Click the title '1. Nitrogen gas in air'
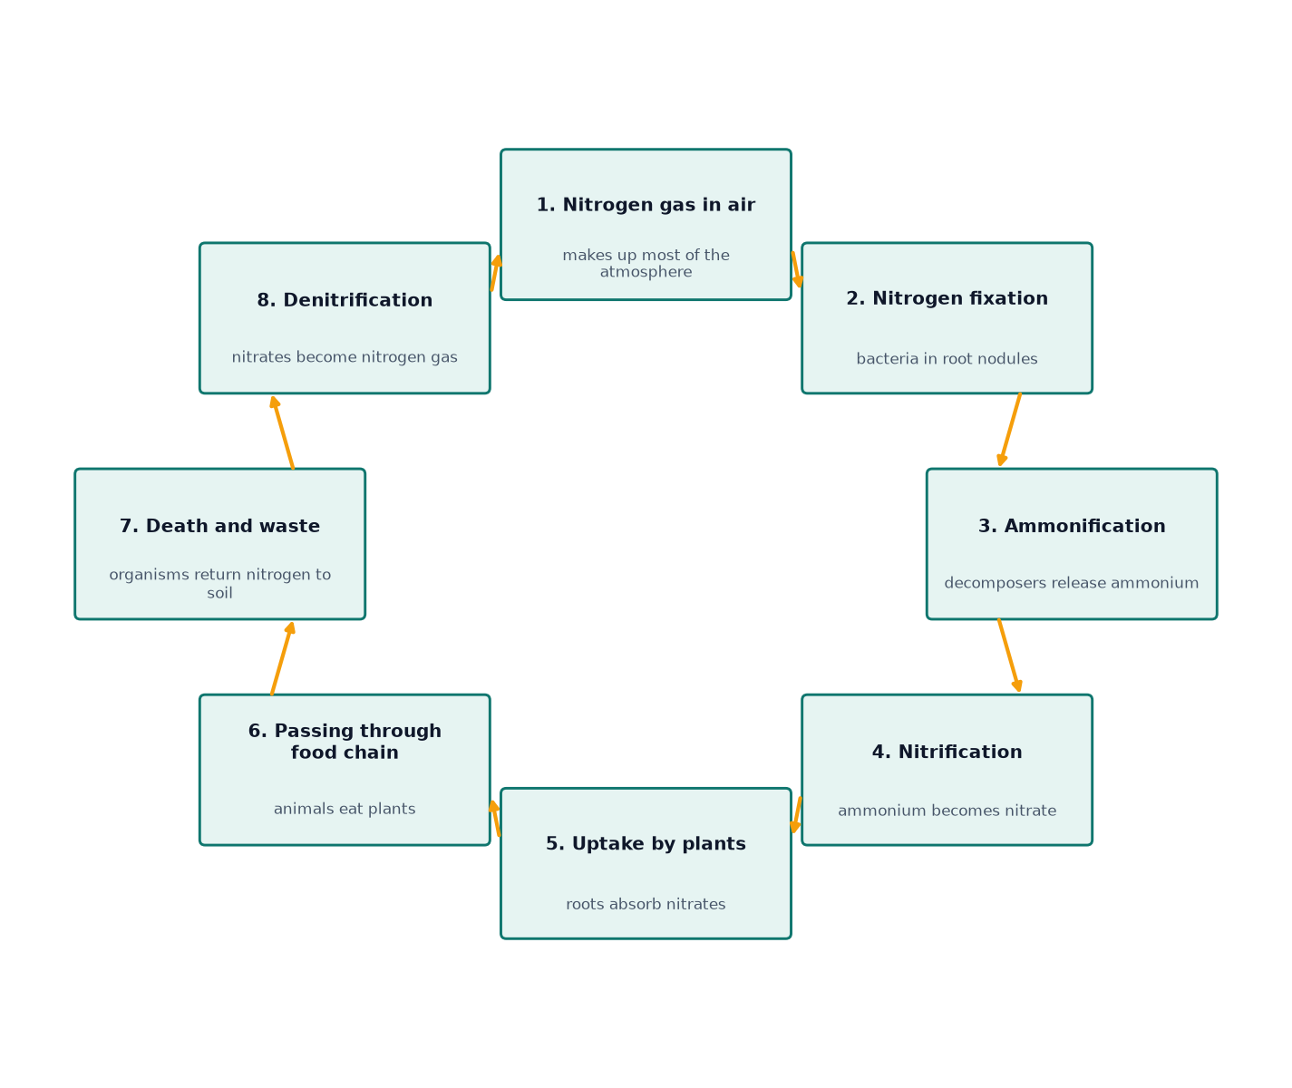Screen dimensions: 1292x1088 [646, 205]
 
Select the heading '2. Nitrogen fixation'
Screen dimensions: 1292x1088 [947, 298]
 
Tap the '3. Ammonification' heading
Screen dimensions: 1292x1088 [1072, 526]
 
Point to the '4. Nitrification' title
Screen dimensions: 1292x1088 [947, 752]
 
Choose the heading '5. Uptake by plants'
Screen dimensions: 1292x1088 [646, 843]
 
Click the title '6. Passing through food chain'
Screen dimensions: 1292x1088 [345, 742]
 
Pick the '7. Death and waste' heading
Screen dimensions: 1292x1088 [219, 526]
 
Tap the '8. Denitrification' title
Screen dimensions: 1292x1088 [345, 300]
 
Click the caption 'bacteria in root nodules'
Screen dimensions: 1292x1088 [947, 359]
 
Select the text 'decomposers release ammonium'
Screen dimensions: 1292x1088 [1072, 583]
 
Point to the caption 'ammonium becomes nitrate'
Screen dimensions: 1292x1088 [947, 811]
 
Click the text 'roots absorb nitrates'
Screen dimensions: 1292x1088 [646, 904]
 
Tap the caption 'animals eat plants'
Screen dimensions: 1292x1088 [345, 809]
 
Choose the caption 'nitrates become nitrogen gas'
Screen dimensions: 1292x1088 [345, 357]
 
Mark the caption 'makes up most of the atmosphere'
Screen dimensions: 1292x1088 [646, 264]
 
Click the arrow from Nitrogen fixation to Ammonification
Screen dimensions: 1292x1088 [1009, 429]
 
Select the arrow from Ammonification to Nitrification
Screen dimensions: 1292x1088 [1009, 656]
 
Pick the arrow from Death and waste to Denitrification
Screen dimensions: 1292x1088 [282, 432]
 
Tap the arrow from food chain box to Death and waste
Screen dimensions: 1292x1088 [282, 658]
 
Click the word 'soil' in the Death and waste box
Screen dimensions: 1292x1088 [219, 594]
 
